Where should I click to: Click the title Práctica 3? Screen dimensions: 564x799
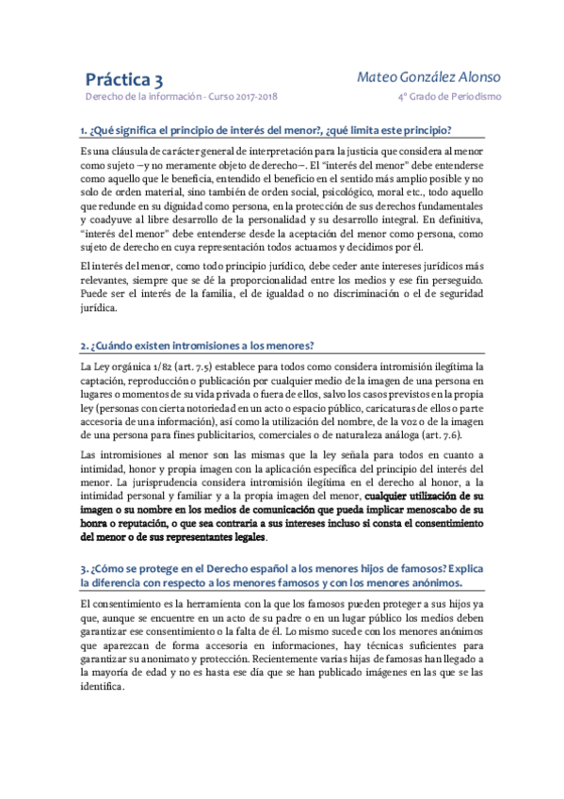coord(124,79)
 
